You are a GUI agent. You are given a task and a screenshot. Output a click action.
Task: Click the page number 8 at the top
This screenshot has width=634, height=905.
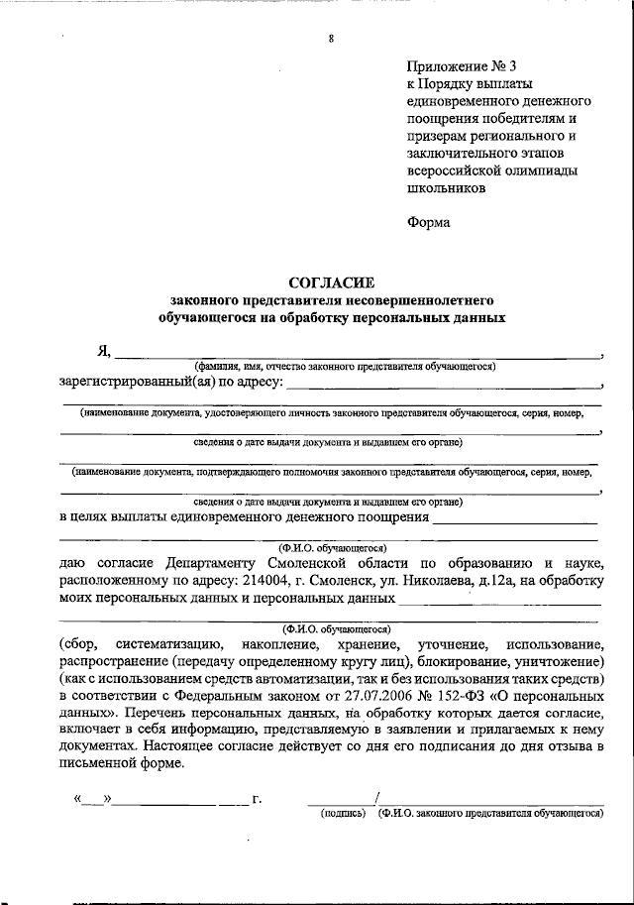[x=331, y=39]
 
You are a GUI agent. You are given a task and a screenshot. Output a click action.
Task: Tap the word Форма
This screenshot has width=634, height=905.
[x=428, y=222]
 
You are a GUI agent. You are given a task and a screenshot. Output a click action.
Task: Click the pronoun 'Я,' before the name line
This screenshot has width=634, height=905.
[x=102, y=351]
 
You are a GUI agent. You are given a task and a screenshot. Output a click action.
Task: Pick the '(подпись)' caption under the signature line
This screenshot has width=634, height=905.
[x=341, y=812]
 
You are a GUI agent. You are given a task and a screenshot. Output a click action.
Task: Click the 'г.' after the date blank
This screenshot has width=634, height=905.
[x=257, y=798]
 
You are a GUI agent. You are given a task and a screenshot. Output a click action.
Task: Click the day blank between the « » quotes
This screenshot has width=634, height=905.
[x=94, y=798]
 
